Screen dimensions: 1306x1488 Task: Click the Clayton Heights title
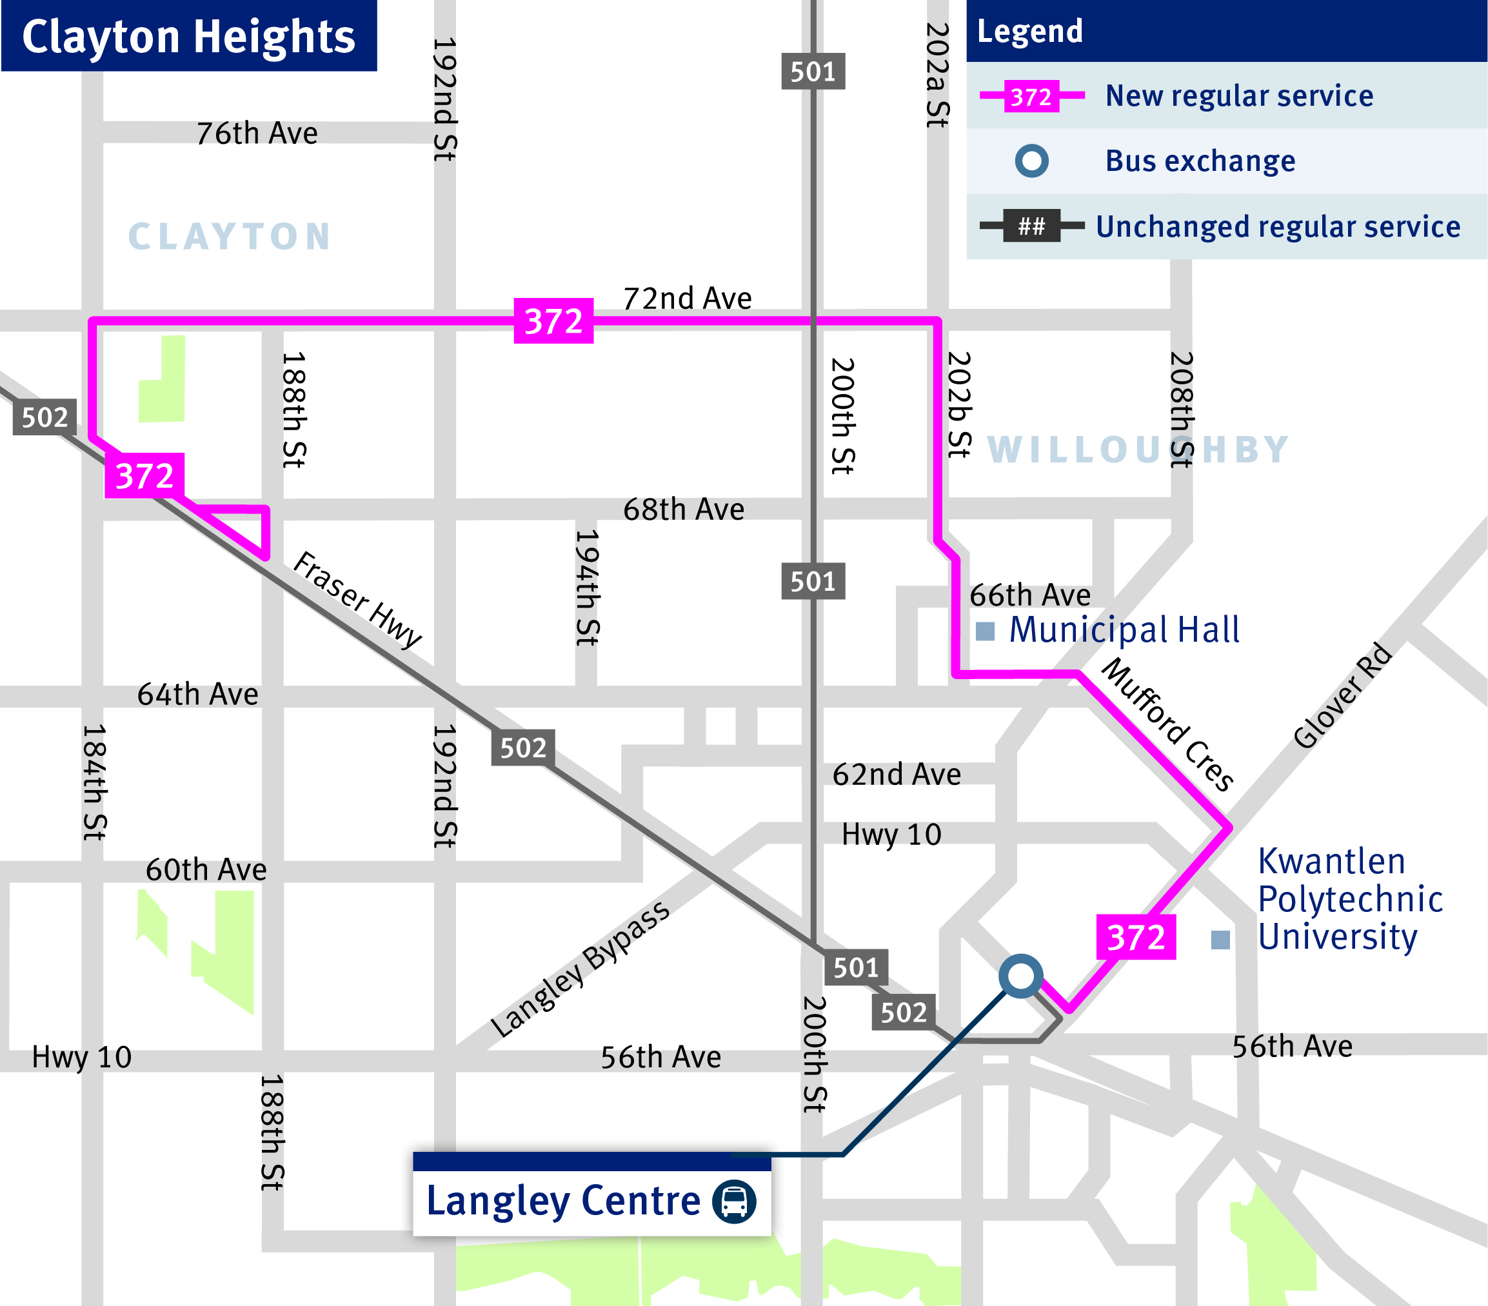[x=188, y=36]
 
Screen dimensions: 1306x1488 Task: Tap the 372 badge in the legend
[x=1031, y=96]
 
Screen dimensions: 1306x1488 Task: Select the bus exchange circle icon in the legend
[x=1031, y=161]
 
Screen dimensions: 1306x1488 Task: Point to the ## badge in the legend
[x=1031, y=226]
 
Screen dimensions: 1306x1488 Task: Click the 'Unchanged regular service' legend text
[x=1278, y=227]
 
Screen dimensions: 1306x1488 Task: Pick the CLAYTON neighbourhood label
[x=230, y=237]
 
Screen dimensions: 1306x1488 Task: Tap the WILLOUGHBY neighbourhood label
[x=1138, y=449]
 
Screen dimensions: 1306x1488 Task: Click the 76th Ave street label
[x=257, y=134]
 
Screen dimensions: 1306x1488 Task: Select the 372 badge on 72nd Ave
[x=553, y=321]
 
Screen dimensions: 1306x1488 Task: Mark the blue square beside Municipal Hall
[x=985, y=631]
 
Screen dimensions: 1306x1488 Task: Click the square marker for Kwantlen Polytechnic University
[x=1220, y=940]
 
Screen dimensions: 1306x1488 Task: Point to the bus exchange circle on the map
[x=1020, y=976]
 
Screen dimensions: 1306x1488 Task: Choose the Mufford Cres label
[x=1167, y=724]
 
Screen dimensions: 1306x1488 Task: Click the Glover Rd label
[x=1342, y=695]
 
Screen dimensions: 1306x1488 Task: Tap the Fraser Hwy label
[x=357, y=600]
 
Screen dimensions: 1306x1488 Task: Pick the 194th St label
[x=587, y=587]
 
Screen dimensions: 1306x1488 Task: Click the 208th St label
[x=1182, y=409]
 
